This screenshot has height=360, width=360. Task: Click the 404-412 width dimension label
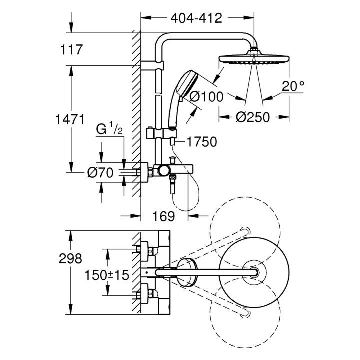coord(195,19)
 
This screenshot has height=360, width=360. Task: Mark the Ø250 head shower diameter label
coord(252,117)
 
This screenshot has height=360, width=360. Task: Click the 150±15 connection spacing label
coord(106,274)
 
